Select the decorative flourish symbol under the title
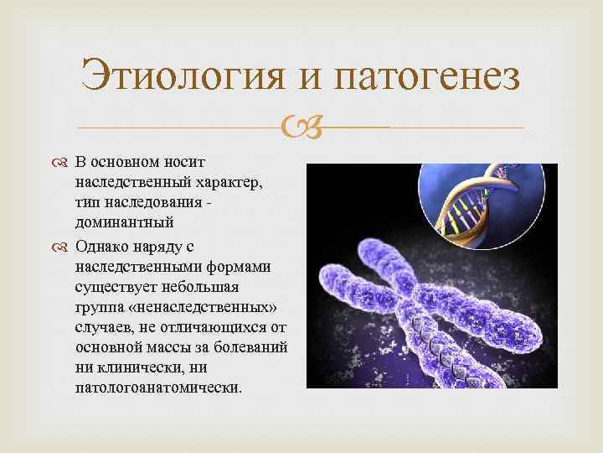pos(301,128)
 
